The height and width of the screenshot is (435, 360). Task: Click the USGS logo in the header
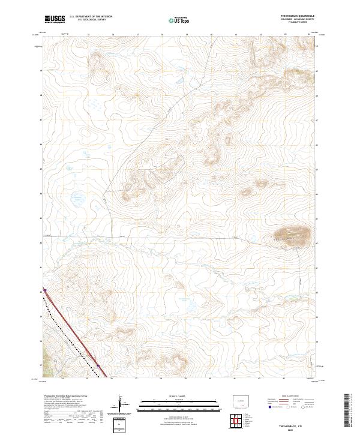click(55, 19)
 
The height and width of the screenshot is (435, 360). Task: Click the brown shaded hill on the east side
click(292, 235)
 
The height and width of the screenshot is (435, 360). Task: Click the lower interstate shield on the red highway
click(98, 364)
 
